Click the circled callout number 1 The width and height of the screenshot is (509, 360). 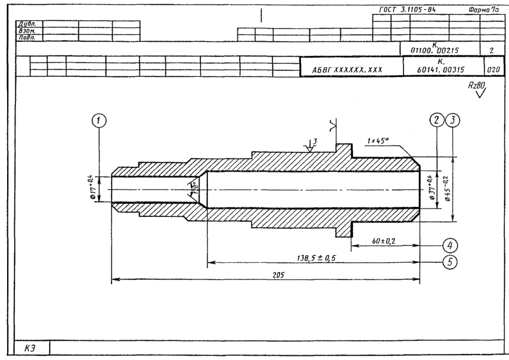(100, 121)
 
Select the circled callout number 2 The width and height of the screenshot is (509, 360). (437, 120)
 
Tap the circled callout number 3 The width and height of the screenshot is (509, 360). (454, 120)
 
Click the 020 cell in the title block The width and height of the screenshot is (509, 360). (492, 69)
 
